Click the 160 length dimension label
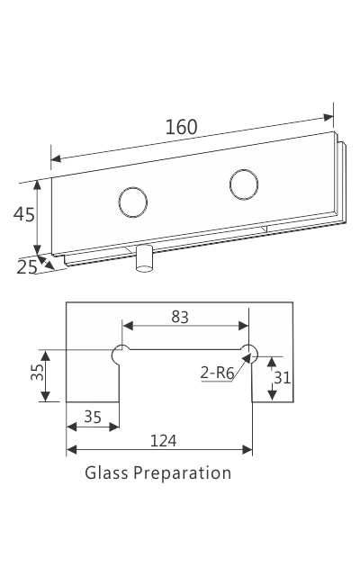tap(181, 127)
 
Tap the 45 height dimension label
tap(23, 214)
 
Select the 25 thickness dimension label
tap(27, 266)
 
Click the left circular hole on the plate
tap(132, 202)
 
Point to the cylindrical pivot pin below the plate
tap(144, 260)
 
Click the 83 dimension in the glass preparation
tap(179, 316)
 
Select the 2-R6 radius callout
tap(215, 372)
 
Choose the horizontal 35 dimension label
tap(92, 417)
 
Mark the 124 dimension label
tap(163, 440)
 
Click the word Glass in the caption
tap(106, 472)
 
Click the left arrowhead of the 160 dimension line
tap(54, 159)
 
